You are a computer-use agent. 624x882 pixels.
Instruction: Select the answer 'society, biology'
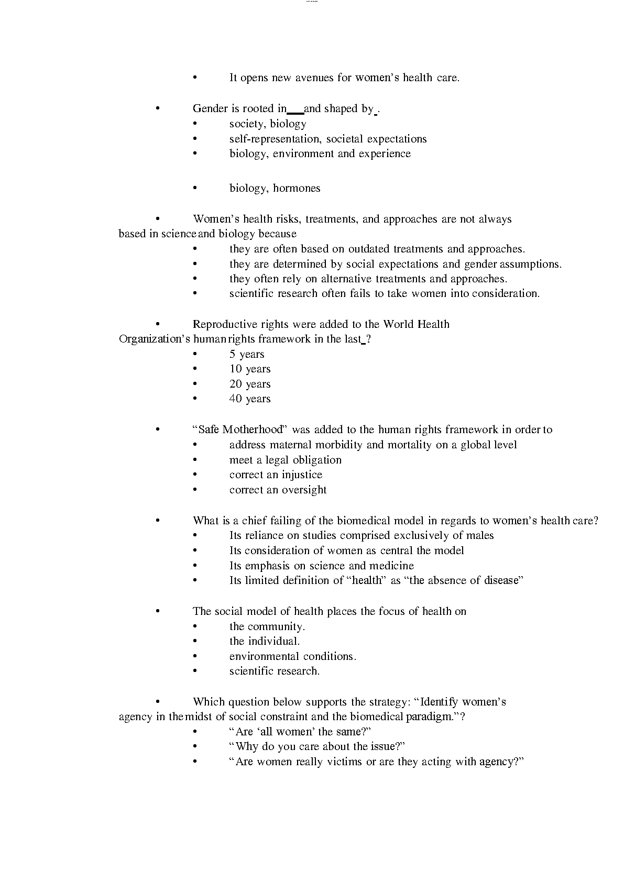click(x=268, y=124)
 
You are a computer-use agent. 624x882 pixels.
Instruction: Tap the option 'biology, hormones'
click(x=275, y=189)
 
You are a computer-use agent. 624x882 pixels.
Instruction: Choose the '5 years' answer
click(x=247, y=355)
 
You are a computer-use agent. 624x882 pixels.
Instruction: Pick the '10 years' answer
click(x=250, y=369)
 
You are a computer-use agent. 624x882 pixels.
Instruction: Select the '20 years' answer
click(x=250, y=384)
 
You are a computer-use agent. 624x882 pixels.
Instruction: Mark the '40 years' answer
click(x=250, y=399)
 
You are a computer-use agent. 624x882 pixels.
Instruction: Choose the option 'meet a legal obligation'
click(x=286, y=460)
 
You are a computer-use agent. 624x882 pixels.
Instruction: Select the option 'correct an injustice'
click(x=276, y=475)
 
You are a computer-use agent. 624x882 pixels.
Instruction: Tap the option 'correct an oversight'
click(x=278, y=490)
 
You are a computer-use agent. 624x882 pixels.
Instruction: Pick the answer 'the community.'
click(x=267, y=627)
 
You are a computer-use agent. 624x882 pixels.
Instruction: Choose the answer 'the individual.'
click(x=265, y=642)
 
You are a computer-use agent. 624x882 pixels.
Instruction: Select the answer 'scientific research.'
click(x=275, y=671)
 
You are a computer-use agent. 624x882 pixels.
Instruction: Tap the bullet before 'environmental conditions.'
click(x=195, y=657)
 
